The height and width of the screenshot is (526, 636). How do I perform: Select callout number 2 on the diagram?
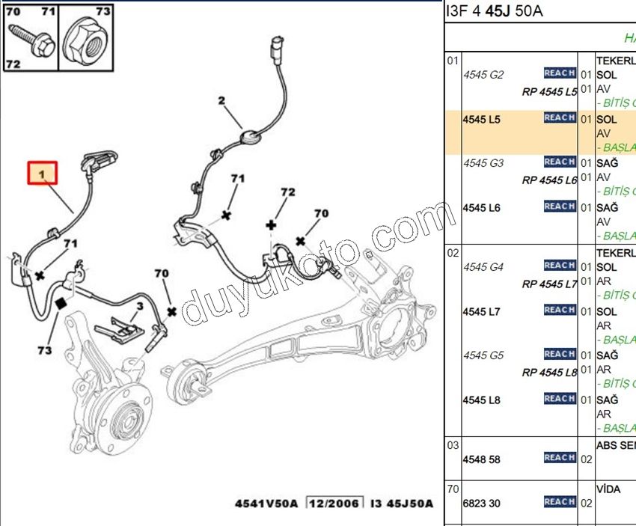click(x=221, y=100)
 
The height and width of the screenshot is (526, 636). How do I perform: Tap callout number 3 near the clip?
click(x=139, y=306)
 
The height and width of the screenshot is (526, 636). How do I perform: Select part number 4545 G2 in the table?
click(x=483, y=75)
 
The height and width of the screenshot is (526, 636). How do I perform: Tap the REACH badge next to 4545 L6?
click(x=559, y=207)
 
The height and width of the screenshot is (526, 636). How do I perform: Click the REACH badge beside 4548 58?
click(x=559, y=458)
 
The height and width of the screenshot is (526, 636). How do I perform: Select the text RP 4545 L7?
click(x=549, y=284)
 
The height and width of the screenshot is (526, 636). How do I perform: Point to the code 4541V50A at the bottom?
click(x=266, y=504)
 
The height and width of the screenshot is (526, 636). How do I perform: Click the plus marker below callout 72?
click(x=272, y=224)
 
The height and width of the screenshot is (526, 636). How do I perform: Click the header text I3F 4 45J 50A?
click(x=495, y=10)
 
